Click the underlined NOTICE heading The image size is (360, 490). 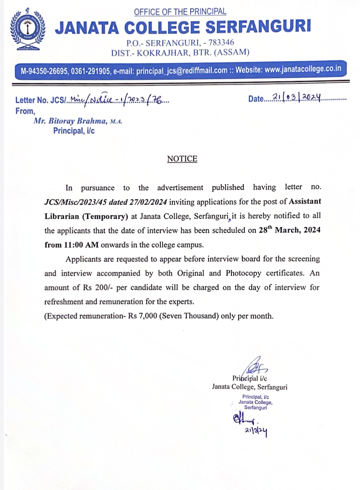click(x=182, y=159)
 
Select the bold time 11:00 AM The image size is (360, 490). click(x=81, y=245)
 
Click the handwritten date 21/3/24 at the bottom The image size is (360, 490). click(x=256, y=431)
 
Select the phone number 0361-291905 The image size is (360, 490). click(x=90, y=71)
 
